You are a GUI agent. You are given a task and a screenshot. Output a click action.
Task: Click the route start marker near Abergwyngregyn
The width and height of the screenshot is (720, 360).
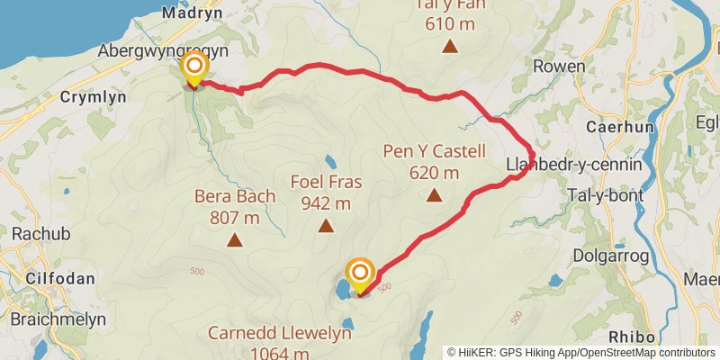pyautogui.click(x=193, y=68)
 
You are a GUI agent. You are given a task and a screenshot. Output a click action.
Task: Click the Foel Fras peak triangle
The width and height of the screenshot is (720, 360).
pyautogui.click(x=326, y=225)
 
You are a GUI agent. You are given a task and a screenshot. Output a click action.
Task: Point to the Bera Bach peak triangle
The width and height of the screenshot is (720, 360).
pyautogui.click(x=235, y=239)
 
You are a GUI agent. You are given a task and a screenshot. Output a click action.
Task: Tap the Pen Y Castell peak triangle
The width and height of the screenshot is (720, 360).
pyautogui.click(x=435, y=194)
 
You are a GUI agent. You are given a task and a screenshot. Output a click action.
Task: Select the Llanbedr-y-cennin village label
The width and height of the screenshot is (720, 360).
pyautogui.click(x=574, y=165)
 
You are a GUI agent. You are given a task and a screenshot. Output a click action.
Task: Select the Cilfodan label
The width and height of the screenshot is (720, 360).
pyautogui.click(x=59, y=278)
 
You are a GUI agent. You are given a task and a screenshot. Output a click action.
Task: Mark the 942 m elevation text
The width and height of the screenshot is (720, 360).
pyautogui.click(x=326, y=202)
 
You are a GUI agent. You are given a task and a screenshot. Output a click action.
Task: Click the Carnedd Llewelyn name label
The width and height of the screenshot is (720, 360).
pyautogui.click(x=279, y=333)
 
